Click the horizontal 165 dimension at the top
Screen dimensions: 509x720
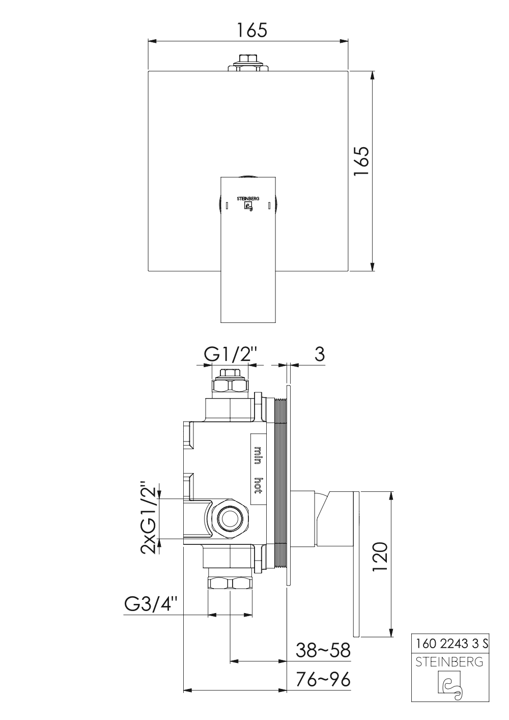point(252,31)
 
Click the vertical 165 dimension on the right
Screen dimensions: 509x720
point(361,161)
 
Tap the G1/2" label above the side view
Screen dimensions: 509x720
point(232,354)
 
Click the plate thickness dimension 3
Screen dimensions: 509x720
point(320,354)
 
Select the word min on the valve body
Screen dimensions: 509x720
point(258,455)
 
